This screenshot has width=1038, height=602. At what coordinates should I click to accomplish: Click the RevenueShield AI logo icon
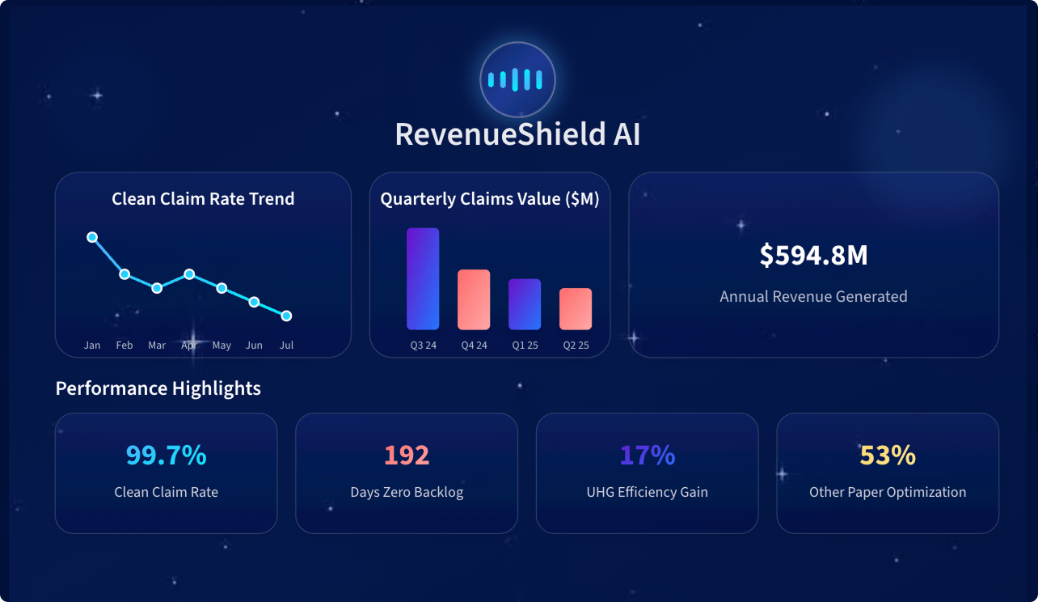click(517, 79)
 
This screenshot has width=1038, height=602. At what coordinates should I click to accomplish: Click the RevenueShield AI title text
click(517, 134)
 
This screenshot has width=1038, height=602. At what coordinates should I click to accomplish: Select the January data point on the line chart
click(92, 237)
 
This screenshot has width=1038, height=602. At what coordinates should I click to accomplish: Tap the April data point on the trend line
click(189, 274)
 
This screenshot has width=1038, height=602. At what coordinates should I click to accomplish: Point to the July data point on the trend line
click(286, 316)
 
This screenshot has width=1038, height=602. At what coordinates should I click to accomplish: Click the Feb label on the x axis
click(124, 346)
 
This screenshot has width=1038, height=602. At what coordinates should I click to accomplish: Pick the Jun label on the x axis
click(254, 346)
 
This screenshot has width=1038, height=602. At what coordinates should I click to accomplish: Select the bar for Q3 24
click(423, 279)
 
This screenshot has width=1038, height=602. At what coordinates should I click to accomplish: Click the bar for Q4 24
click(474, 299)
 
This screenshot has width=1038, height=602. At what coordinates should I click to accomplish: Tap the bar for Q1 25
click(525, 304)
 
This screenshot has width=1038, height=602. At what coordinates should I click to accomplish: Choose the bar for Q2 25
click(576, 309)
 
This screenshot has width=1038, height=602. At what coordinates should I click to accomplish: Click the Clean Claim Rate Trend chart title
click(203, 199)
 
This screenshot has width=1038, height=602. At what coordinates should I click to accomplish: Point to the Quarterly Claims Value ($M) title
click(490, 199)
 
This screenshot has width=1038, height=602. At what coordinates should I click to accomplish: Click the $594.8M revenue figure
click(813, 256)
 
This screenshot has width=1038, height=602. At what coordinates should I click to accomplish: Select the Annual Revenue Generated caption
click(813, 297)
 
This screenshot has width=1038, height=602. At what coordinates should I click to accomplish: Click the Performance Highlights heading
click(158, 388)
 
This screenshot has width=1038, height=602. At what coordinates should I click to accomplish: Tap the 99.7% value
click(167, 456)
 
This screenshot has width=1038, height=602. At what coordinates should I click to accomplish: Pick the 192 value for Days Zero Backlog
click(407, 456)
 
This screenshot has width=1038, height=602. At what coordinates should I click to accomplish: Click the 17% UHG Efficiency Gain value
click(648, 456)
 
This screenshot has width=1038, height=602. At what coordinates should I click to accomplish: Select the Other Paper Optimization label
click(888, 492)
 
